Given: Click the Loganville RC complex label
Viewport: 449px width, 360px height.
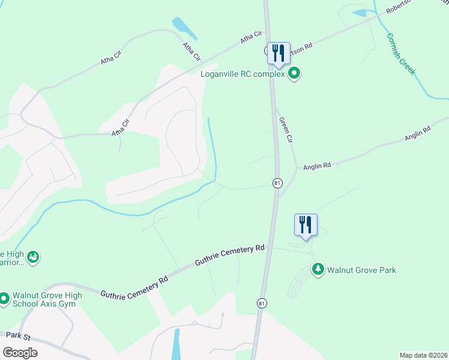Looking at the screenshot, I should tap(243, 74).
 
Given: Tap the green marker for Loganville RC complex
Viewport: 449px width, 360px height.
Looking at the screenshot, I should tap(294, 74).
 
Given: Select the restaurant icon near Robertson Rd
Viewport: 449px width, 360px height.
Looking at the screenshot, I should tap(279, 52).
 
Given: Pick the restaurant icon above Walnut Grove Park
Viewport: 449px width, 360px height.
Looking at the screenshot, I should tap(306, 224).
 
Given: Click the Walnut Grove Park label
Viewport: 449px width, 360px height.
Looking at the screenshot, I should tap(361, 270).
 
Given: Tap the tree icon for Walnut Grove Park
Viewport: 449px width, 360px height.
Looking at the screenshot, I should tap(318, 269).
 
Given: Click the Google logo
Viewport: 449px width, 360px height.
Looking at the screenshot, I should tap(20, 353).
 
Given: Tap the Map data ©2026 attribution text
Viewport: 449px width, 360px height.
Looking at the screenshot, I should tap(423, 355).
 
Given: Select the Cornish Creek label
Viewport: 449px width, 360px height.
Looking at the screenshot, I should tap(400, 53).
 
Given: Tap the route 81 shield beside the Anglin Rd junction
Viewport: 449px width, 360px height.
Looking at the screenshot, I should tap(277, 182).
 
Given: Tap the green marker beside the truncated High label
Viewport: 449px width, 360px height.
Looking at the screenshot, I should tap(34, 257).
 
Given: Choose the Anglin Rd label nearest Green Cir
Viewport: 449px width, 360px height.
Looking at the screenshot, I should tap(317, 166).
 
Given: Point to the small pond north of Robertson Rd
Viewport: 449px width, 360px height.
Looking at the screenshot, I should tap(361, 13).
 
